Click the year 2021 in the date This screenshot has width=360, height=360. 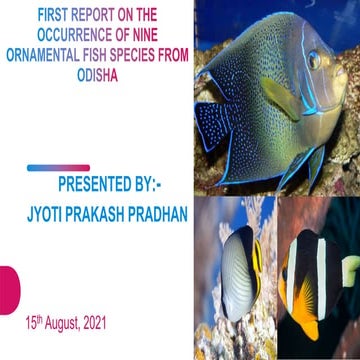tap(89, 325)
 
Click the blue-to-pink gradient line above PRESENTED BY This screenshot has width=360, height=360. tap(59, 168)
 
